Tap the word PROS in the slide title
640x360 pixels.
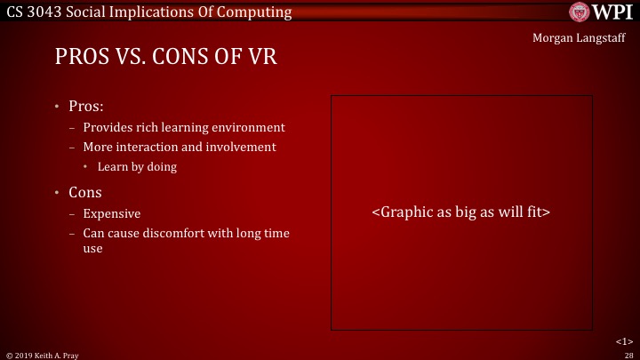tap(81, 59)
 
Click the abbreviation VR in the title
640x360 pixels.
tap(261, 59)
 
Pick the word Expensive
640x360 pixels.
tap(111, 213)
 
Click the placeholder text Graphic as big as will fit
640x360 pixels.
tap(461, 213)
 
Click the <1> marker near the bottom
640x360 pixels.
tap(624, 340)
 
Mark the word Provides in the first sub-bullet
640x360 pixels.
tap(108, 127)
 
